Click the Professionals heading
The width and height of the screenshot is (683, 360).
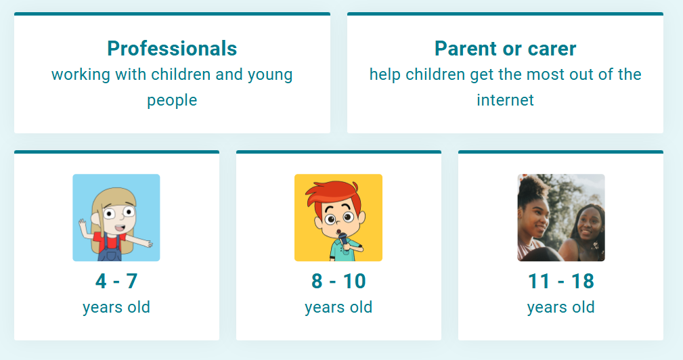coord(172,48)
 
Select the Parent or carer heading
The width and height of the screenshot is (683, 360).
coord(505,48)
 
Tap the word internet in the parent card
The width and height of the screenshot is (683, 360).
coord(505,100)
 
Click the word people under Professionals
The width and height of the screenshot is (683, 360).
coord(172,101)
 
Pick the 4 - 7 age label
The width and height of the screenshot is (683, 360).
coord(116,282)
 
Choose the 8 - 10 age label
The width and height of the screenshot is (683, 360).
coord(338,282)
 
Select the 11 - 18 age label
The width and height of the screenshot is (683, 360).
coord(561,282)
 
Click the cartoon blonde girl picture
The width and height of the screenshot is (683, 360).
coord(116,218)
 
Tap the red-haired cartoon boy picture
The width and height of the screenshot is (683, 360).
coord(338,218)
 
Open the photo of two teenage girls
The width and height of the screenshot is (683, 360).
coord(561,218)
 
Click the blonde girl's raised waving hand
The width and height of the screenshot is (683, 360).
coord(83,225)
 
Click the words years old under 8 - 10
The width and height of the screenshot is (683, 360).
coord(338,307)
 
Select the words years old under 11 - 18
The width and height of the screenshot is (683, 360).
coord(561,307)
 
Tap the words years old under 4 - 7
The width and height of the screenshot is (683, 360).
coord(116,307)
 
